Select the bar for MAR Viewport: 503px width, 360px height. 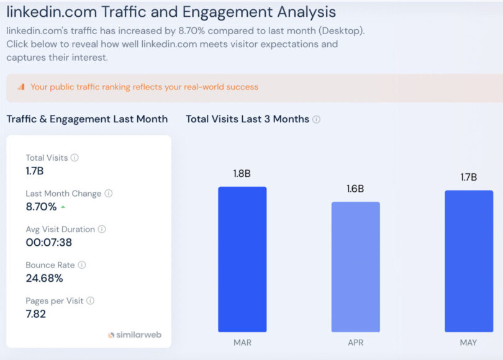[242, 259]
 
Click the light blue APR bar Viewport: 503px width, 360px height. [355, 267]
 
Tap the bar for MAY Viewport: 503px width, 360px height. [469, 261]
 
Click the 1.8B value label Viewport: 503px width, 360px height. [242, 174]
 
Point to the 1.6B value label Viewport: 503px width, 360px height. [355, 189]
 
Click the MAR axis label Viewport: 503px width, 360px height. [242, 342]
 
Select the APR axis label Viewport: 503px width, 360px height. [355, 342]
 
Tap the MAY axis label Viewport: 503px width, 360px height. [469, 342]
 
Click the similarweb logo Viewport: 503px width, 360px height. [135, 335]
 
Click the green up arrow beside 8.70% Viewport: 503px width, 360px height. [63, 207]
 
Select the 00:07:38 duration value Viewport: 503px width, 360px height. [48, 243]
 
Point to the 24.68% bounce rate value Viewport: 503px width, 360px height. [44, 278]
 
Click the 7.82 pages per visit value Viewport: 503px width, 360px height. [35, 314]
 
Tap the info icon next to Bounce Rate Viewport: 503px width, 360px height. [81, 265]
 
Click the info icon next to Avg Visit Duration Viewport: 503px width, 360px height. [102, 229]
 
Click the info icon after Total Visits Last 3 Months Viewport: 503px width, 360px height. [316, 119]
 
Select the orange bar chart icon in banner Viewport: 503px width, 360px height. [21, 87]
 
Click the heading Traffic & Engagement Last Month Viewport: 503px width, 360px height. [87, 119]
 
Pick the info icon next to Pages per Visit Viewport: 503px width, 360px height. [90, 300]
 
